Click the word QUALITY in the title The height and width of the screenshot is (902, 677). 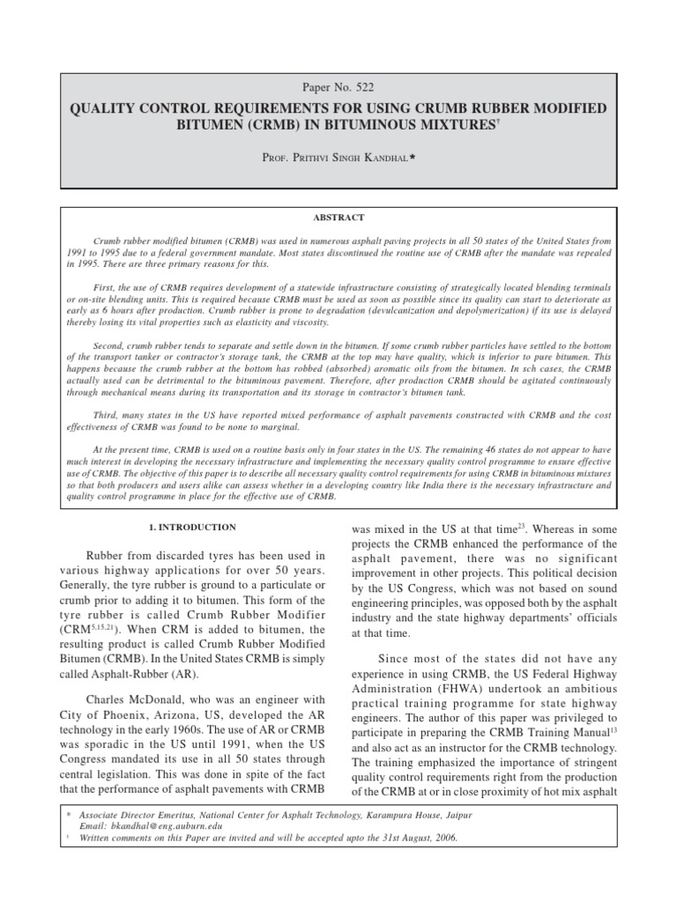tap(105, 108)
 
